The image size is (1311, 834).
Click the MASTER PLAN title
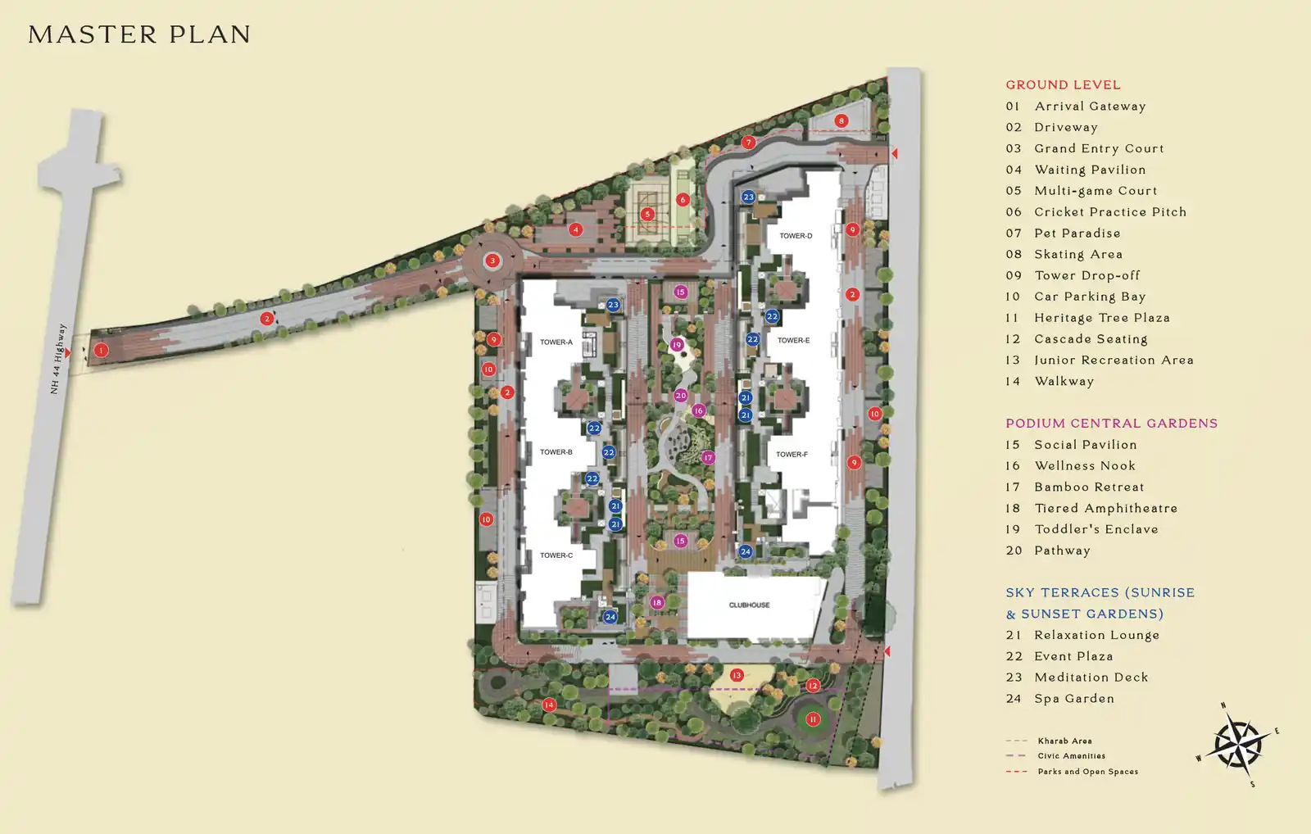[139, 34]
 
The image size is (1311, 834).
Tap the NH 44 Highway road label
[58, 359]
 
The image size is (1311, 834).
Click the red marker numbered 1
[102, 351]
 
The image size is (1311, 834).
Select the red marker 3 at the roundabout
[492, 261]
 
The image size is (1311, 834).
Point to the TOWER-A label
[556, 342]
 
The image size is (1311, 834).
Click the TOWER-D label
[796, 236]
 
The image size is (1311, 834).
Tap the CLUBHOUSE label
[749, 605]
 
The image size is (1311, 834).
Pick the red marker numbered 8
[841, 121]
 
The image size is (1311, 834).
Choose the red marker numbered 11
[812, 719]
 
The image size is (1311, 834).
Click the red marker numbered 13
[737, 675]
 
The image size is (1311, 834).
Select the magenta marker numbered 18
[657, 602]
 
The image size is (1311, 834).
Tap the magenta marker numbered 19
[677, 345]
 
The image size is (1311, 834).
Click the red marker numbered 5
[646, 214]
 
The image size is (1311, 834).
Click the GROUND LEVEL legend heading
[1063, 85]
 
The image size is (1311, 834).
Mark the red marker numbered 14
[549, 705]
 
